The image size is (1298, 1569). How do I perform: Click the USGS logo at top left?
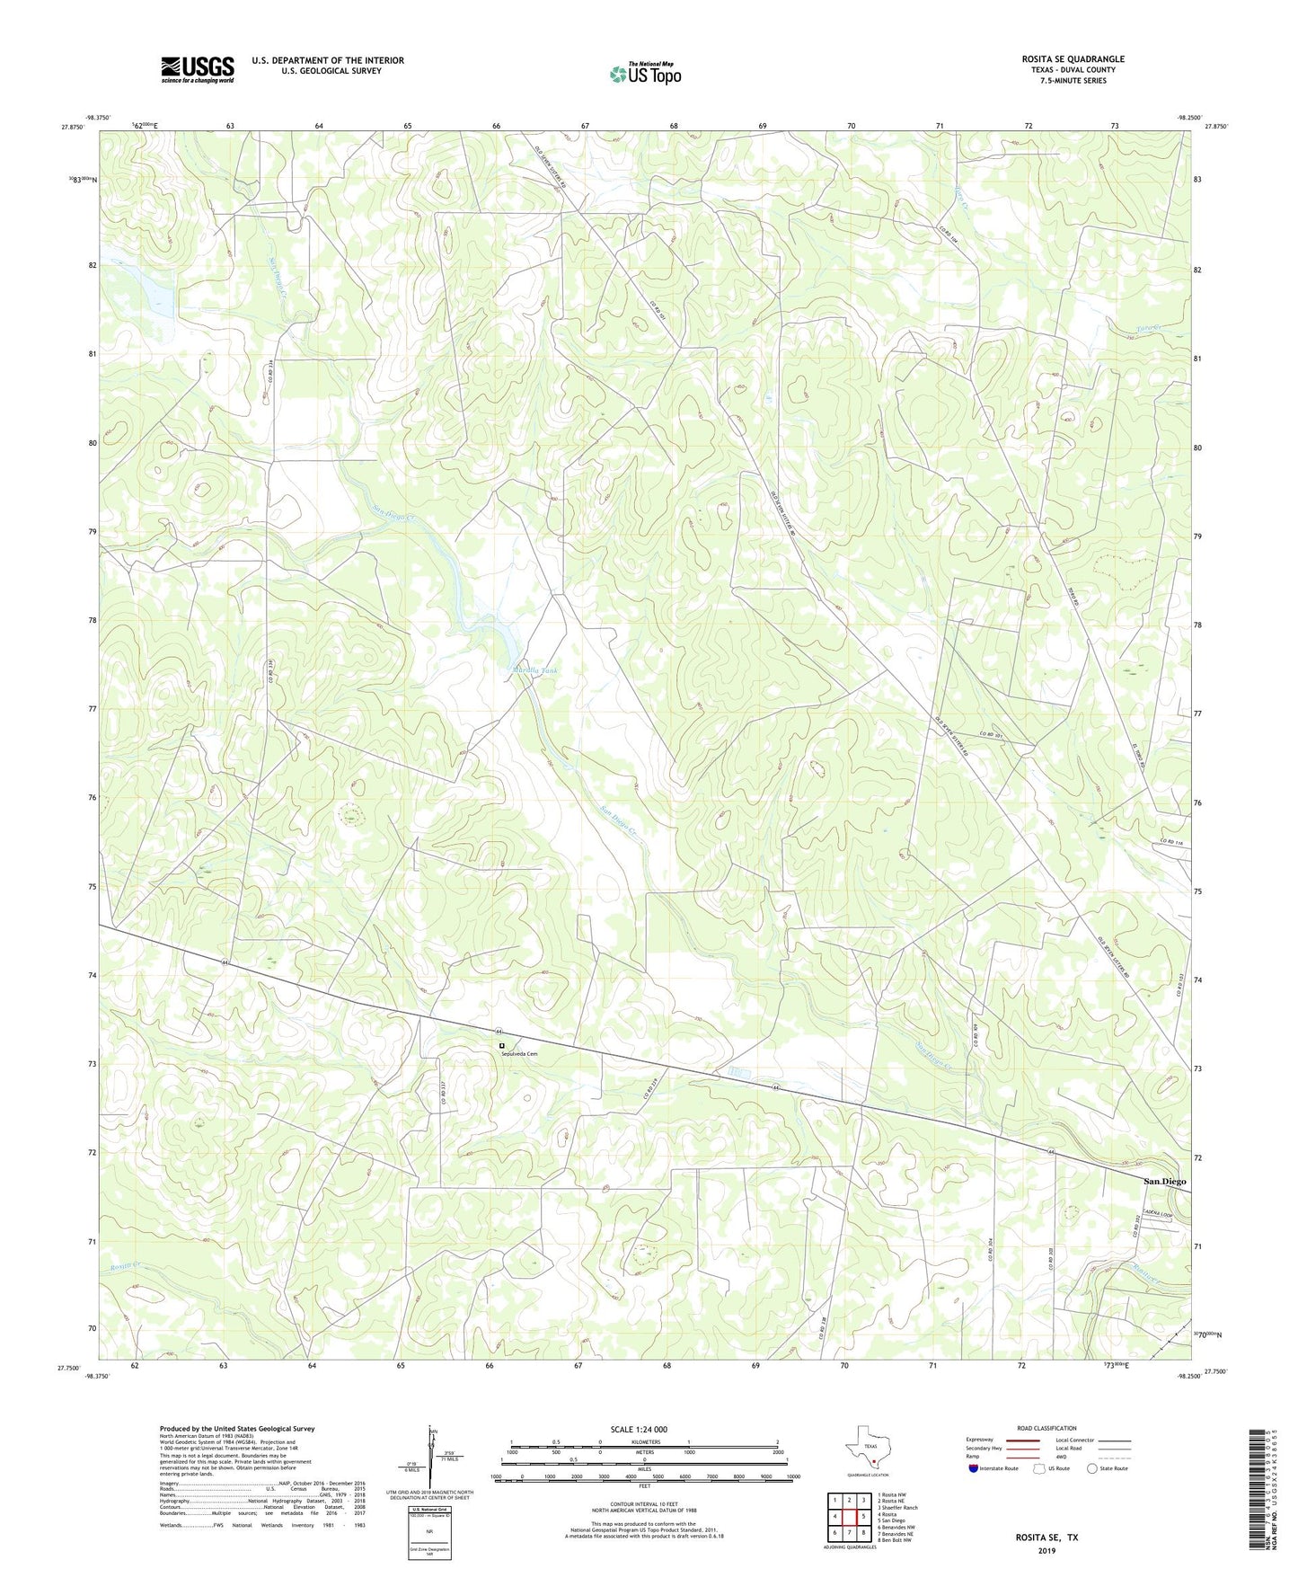click(198, 69)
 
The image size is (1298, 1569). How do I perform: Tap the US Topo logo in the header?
click(644, 74)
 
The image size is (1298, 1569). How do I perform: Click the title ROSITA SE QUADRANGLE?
click(1073, 59)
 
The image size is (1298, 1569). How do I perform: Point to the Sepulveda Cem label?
click(519, 1054)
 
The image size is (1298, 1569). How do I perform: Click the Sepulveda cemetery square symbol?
click(502, 1045)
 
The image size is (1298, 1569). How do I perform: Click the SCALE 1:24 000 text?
click(638, 1430)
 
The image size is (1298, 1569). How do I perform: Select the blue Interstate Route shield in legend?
click(975, 1468)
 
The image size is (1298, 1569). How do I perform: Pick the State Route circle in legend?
click(1091, 1468)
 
